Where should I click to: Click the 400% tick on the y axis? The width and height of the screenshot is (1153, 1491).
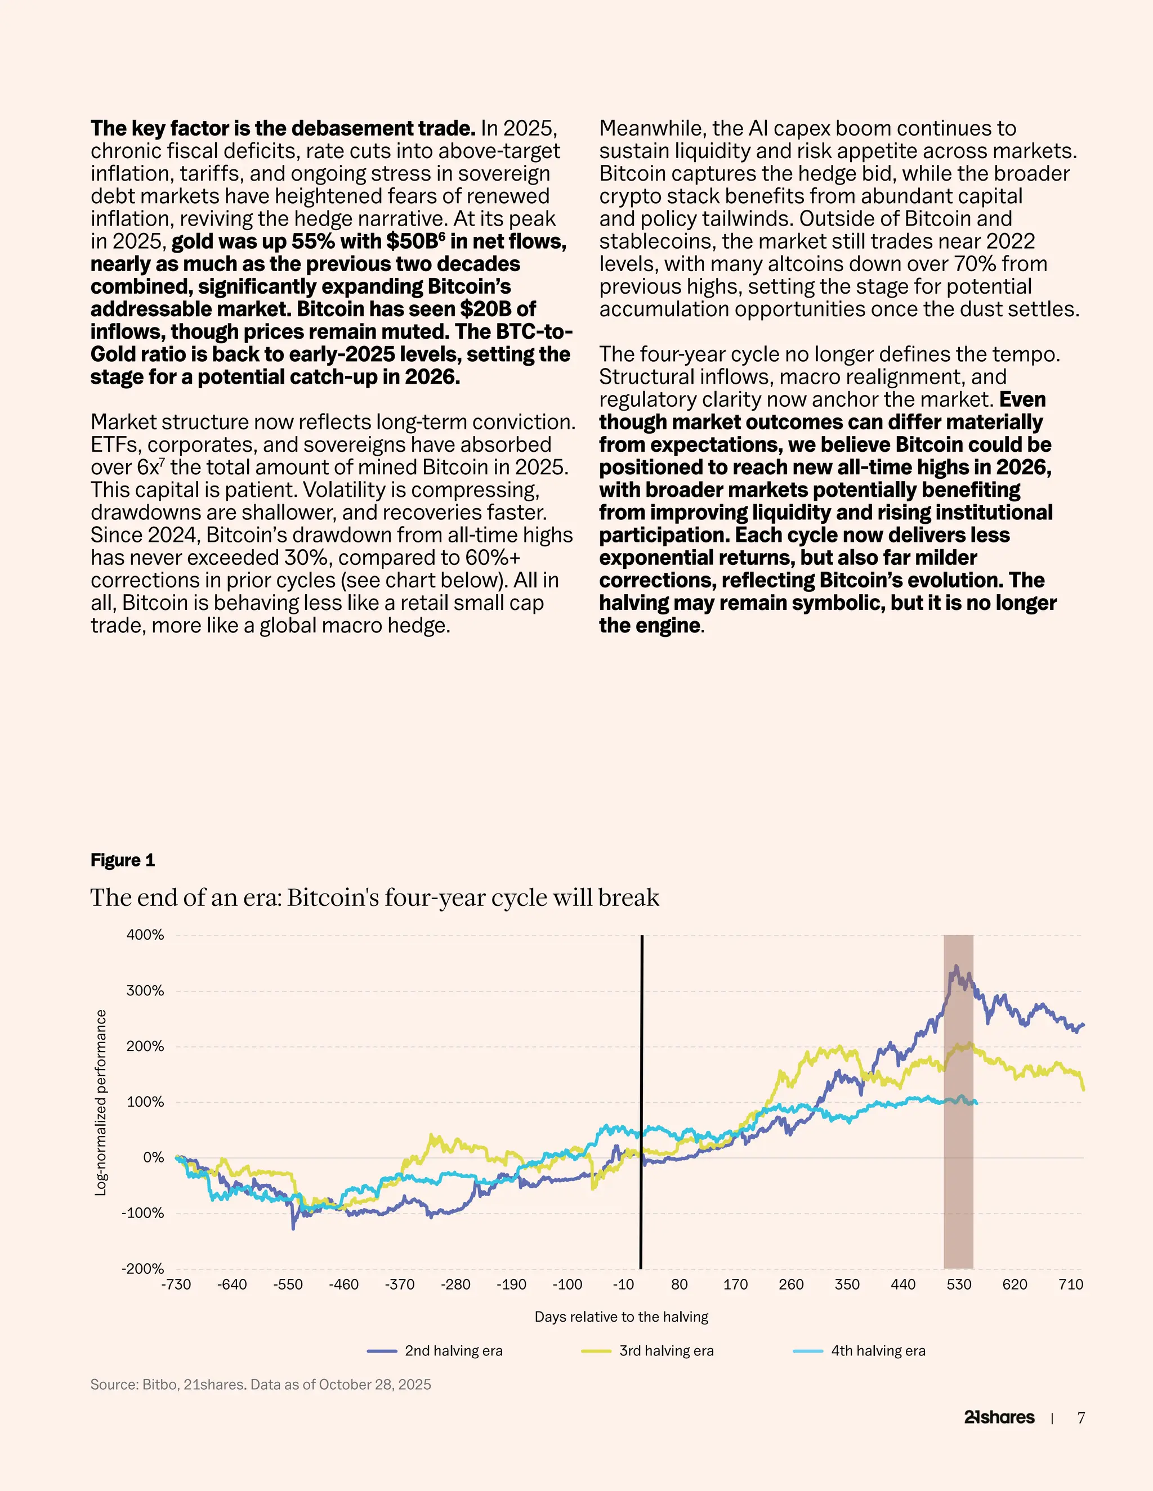pos(145,935)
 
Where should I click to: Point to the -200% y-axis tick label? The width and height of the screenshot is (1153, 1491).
pos(143,1268)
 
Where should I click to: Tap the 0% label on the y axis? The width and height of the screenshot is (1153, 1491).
pos(153,1157)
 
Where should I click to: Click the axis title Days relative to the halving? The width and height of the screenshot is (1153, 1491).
pos(621,1316)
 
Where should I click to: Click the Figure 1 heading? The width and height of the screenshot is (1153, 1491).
pos(123,860)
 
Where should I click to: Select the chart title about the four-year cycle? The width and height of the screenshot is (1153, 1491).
pos(374,897)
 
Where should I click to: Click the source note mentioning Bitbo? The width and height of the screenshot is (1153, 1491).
pos(260,1385)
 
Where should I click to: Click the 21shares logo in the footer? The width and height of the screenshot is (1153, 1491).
pos(999,1417)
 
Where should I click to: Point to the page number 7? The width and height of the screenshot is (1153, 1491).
pos(1080,1418)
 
